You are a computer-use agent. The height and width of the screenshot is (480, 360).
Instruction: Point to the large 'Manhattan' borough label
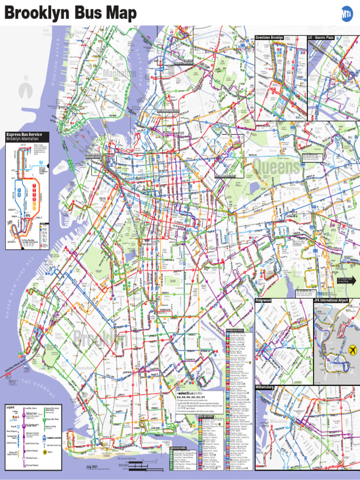tap(120, 75)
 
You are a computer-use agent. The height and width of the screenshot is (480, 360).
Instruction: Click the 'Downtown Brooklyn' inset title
tap(269, 37)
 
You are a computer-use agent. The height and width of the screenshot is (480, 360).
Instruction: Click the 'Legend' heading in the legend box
tap(10, 407)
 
